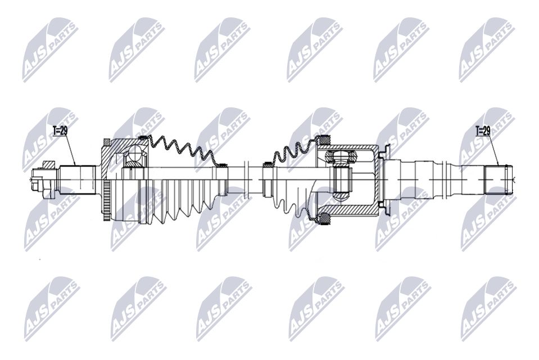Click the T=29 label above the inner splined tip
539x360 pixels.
483,130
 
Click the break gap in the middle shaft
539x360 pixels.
254,179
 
